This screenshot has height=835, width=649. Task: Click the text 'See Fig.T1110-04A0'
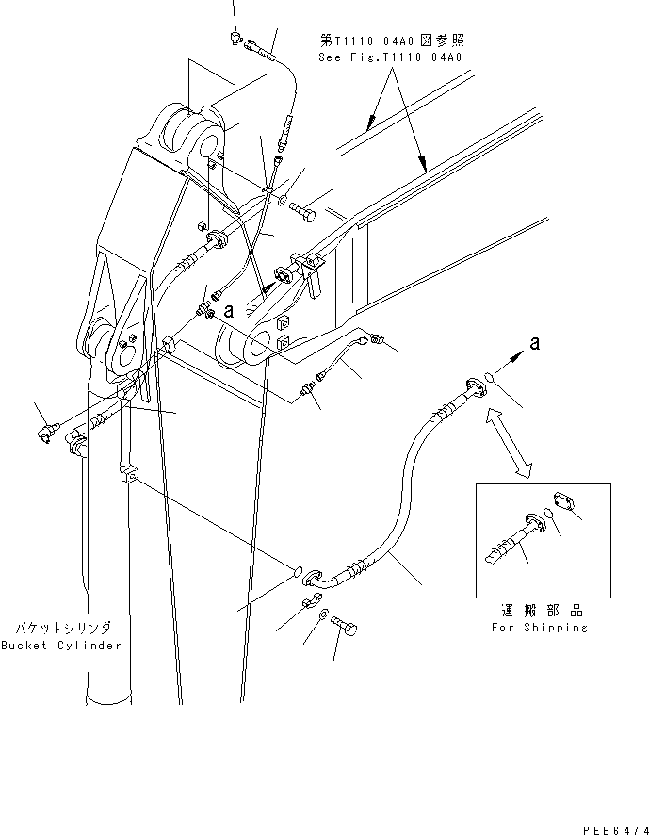(x=391, y=57)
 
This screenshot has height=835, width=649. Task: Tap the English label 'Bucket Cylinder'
(x=61, y=646)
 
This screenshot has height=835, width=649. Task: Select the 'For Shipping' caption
(x=539, y=628)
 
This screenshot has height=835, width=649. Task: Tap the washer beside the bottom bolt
(x=323, y=614)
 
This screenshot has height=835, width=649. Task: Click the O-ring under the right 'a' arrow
(x=490, y=381)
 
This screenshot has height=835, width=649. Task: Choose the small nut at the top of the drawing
(x=233, y=38)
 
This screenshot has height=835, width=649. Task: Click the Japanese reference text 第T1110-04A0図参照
(x=391, y=41)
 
